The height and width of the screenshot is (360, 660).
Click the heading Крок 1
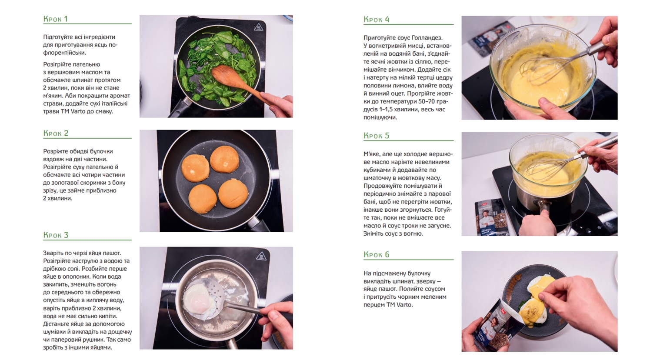pos(55,19)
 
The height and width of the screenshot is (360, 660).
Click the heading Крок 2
pos(56,133)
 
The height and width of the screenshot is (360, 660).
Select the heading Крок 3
pos(56,235)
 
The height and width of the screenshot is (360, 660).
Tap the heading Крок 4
pos(376,20)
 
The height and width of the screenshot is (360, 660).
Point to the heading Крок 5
pos(376,136)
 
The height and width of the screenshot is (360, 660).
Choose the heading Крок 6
pos(376,254)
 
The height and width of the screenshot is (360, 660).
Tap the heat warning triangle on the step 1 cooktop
pos(258,27)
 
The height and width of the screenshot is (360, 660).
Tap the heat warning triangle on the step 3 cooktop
pos(261,256)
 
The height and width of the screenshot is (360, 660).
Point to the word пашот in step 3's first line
pos(113,253)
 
